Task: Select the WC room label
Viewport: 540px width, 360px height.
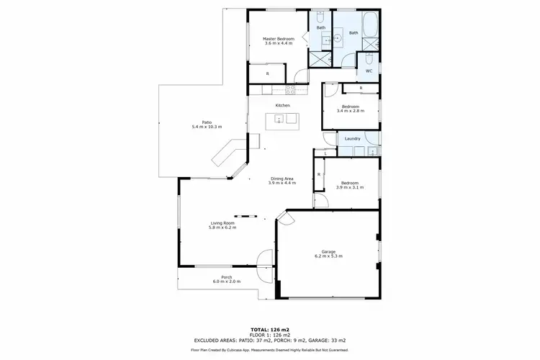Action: [368, 71]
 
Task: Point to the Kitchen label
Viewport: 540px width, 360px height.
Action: [282, 106]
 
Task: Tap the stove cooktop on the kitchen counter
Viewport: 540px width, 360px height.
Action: [291, 90]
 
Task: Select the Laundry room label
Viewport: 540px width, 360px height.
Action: [353, 138]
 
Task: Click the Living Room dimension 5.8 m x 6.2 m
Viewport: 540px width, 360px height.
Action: [223, 228]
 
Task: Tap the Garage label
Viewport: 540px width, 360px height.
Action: [328, 251]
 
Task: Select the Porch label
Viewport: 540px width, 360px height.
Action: [226, 276]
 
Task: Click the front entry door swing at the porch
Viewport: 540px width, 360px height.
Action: [265, 258]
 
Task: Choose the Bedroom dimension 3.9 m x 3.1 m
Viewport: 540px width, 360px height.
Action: [349, 187]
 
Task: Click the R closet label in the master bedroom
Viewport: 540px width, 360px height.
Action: [267, 73]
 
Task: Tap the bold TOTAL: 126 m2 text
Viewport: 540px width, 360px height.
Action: [269, 328]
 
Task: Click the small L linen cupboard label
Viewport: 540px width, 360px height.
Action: [325, 153]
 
